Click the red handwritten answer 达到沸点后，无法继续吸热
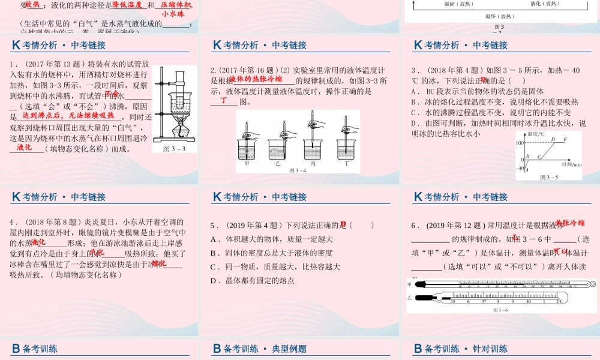pyautogui.click(x=67, y=115)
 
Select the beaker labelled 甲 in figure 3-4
pyautogui.click(x=247, y=151)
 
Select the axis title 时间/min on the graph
pyautogui.click(x=571, y=164)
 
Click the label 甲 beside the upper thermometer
pyautogui.click(x=409, y=284)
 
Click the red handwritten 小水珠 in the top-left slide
pyautogui.click(x=173, y=14)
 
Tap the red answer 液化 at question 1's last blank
pyautogui.click(x=25, y=147)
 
